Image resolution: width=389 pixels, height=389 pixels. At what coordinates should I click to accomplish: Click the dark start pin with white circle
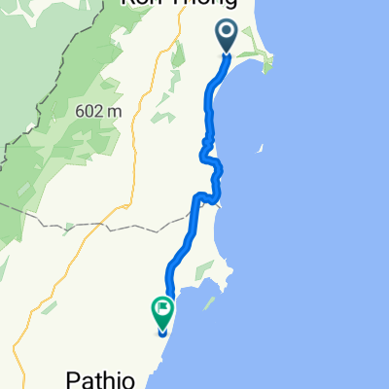(x=227, y=36)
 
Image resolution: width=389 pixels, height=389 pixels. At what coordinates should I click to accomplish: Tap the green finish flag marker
(x=162, y=313)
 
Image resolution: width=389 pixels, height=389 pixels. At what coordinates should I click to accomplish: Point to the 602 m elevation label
(x=98, y=111)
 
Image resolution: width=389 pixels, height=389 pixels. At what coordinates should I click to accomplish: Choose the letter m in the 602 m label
(x=115, y=111)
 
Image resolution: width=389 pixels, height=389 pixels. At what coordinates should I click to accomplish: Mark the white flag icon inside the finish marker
(x=162, y=311)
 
